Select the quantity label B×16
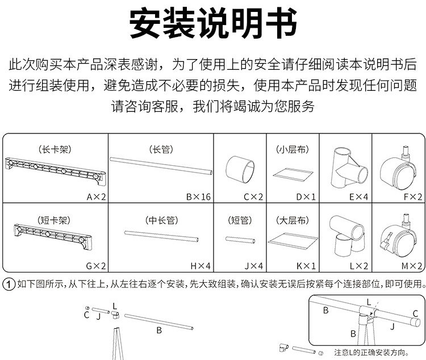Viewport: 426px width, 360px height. [198, 197]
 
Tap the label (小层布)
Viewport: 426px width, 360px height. [292, 150]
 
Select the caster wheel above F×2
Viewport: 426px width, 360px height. [398, 168]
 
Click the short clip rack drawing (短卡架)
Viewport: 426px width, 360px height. [55, 237]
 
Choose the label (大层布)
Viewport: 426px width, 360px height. [292, 219]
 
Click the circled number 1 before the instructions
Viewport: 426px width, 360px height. [9, 284]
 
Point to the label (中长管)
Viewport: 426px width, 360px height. [161, 219]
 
